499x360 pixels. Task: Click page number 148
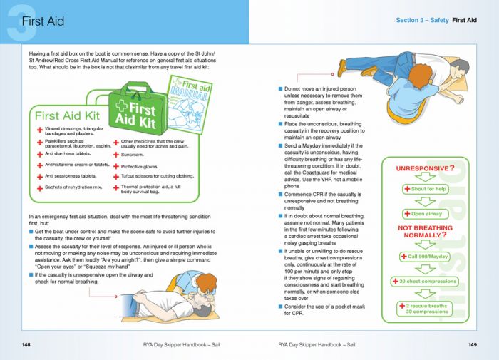(x=26, y=345)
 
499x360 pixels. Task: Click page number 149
(x=472, y=345)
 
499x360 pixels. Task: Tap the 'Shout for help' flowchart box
(x=427, y=189)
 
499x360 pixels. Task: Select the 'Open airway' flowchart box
(x=427, y=214)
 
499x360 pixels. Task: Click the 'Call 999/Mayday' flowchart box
(x=428, y=257)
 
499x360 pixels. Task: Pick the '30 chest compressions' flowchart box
(x=428, y=282)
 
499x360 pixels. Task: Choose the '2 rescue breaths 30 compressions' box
(x=427, y=309)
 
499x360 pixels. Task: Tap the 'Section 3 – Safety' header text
(x=422, y=21)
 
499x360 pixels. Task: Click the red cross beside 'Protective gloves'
(x=115, y=165)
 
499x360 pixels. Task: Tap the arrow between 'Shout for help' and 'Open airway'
(x=427, y=202)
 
